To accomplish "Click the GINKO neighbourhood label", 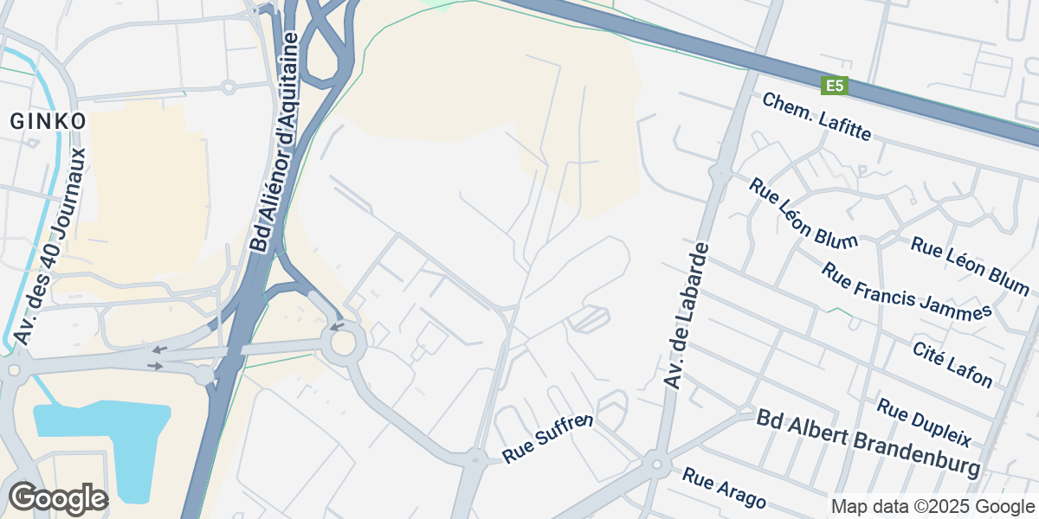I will (48, 121).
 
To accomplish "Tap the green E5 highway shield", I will (835, 86).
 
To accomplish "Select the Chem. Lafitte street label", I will (816, 118).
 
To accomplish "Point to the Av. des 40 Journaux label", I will (52, 247).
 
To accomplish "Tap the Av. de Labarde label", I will (686, 316).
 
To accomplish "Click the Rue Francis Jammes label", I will (907, 292).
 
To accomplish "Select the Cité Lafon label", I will (952, 363).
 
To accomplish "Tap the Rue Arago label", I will (724, 488).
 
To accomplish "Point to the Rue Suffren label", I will (548, 438).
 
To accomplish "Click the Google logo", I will (58, 499).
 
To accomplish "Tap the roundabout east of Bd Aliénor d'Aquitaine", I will (344, 343).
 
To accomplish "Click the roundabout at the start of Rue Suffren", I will (474, 458).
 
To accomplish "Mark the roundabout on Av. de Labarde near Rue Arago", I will (656, 465).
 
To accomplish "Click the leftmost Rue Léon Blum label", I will (803, 212).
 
